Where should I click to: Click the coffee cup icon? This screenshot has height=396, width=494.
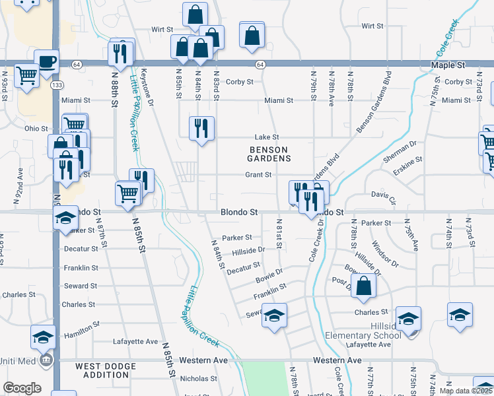pyautogui.click(x=46, y=62)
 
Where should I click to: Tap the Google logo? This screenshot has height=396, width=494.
pyautogui.click(x=22, y=388)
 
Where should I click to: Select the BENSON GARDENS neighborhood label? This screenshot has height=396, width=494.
pyautogui.click(x=269, y=154)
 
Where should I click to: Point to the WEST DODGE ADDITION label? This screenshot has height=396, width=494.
pyautogui.click(x=102, y=370)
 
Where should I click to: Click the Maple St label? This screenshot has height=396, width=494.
pyautogui.click(x=448, y=65)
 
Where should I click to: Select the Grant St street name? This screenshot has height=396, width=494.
pyautogui.click(x=259, y=175)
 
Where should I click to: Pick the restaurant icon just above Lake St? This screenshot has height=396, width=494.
pyautogui.click(x=200, y=127)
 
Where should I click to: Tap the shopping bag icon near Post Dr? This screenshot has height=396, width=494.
pyautogui.click(x=363, y=286)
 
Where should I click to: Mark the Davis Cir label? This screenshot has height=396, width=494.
pyautogui.click(x=382, y=196)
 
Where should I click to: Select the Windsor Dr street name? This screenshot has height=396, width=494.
pyautogui.click(x=386, y=255)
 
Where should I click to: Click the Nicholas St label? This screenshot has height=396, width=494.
pyautogui.click(x=199, y=379)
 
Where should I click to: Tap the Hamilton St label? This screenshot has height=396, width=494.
pyautogui.click(x=81, y=330)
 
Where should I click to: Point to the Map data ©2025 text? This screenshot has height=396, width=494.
pyautogui.click(x=466, y=391)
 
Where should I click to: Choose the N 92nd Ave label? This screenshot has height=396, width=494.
pyautogui.click(x=20, y=182)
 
